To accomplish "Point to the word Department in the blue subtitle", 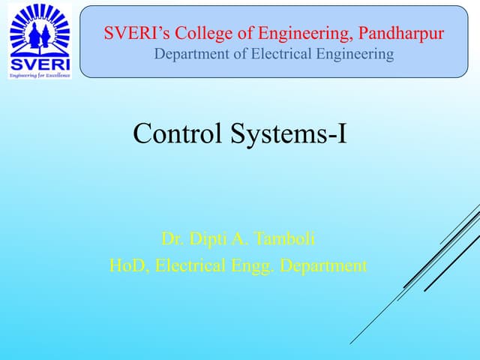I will [x=189, y=54].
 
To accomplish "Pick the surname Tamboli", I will [x=285, y=239].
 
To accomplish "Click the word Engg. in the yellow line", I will [x=253, y=265].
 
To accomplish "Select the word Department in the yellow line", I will [x=323, y=265].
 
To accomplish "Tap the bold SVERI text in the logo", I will [x=39, y=63].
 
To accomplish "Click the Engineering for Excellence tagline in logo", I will [x=39, y=76].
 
